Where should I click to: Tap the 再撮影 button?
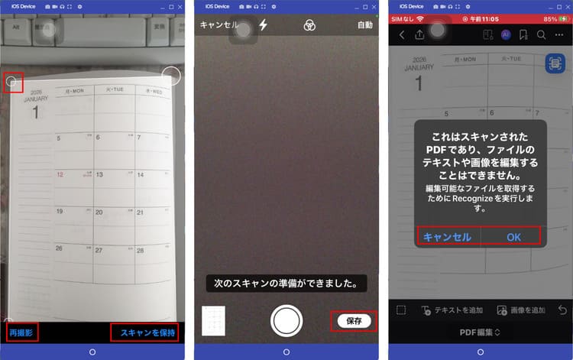21,332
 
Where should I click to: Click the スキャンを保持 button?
147,332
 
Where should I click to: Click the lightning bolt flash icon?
264,25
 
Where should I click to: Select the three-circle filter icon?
309,25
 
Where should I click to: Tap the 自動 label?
364,25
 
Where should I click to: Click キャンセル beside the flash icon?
219,25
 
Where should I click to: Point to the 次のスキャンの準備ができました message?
286,283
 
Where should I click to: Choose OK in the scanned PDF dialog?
513,237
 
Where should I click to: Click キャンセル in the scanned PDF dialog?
447,237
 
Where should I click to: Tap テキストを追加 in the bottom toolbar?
453,310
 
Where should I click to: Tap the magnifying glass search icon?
541,35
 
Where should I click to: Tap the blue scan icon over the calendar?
555,64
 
